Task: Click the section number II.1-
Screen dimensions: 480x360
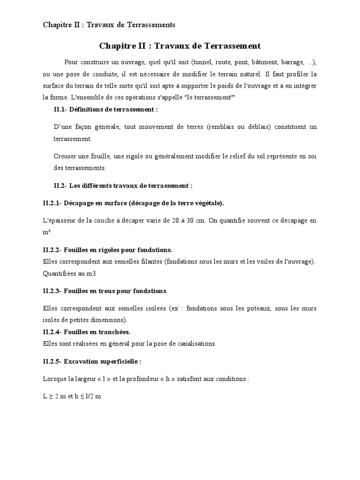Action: (x=61, y=109)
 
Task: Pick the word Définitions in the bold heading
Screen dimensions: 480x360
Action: (x=88, y=109)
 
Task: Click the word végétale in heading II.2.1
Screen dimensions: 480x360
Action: (x=205, y=203)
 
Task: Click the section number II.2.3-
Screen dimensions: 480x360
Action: (x=53, y=291)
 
